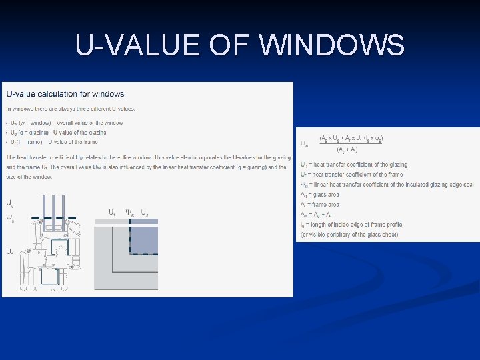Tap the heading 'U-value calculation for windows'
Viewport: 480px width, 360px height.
pyautogui.click(x=65, y=94)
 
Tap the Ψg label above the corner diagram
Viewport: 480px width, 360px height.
pyautogui.click(x=130, y=212)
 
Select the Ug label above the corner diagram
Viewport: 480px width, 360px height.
pyautogui.click(x=145, y=212)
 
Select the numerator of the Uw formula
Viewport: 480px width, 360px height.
pyautogui.click(x=351, y=139)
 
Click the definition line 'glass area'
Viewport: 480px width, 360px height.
pyautogui.click(x=321, y=195)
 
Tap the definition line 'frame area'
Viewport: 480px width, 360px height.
pyautogui.click(x=321, y=205)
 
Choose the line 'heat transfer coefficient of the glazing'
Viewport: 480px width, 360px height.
pyautogui.click(x=354, y=165)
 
